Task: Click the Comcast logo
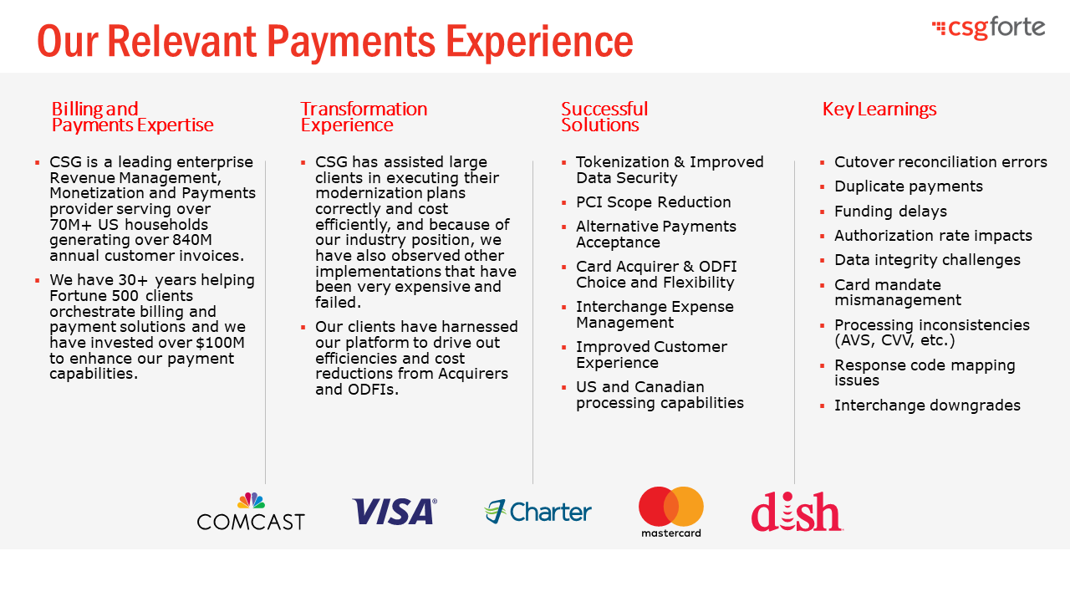251,511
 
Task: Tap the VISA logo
395,511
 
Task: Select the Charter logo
538,512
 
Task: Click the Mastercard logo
671,512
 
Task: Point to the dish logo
797,512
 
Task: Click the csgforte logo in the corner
988,28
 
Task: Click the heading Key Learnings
879,110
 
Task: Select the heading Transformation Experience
364,116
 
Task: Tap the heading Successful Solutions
604,116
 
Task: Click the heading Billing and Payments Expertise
132,116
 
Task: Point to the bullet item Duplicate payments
909,186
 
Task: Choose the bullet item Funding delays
891,212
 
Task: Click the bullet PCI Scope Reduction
654,202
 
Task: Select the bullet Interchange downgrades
927,406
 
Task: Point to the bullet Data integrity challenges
927,260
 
